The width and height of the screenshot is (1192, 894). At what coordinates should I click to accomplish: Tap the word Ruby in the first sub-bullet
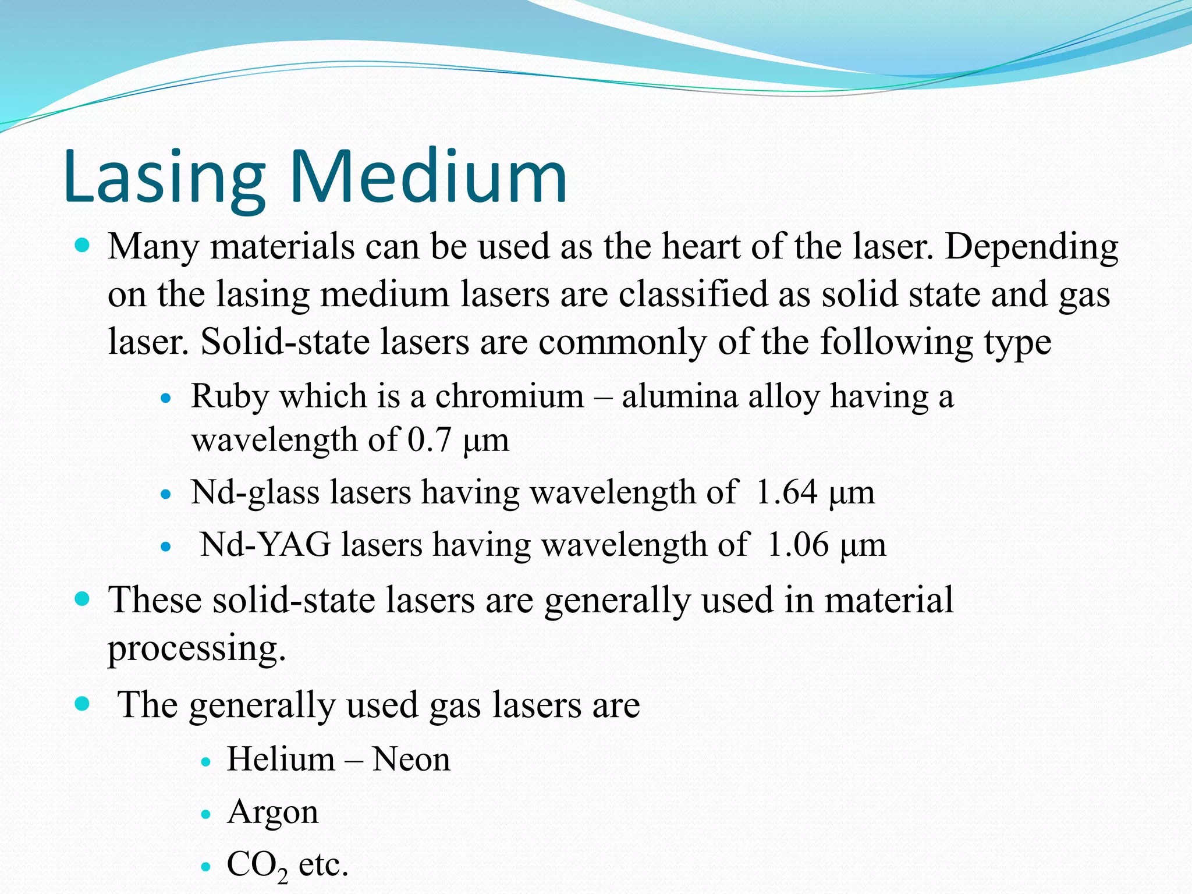(230, 397)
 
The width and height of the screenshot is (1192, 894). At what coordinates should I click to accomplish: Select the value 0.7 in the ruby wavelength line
(429, 440)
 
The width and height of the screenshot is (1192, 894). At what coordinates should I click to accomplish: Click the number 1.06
(797, 545)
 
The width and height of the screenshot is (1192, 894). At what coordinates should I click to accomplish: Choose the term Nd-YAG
(265, 545)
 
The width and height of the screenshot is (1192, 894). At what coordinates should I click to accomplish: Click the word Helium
(281, 760)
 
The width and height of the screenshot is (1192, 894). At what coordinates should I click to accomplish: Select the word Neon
(411, 760)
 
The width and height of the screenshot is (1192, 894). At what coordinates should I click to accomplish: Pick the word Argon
(273, 813)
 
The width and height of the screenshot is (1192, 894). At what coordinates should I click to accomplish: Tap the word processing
(197, 648)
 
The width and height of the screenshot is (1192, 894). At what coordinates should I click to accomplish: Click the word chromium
(509, 397)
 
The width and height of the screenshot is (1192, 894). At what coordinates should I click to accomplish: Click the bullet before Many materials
(83, 246)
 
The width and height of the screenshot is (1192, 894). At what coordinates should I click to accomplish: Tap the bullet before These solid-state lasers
(83, 599)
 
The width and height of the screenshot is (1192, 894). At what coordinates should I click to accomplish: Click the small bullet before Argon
(205, 814)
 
